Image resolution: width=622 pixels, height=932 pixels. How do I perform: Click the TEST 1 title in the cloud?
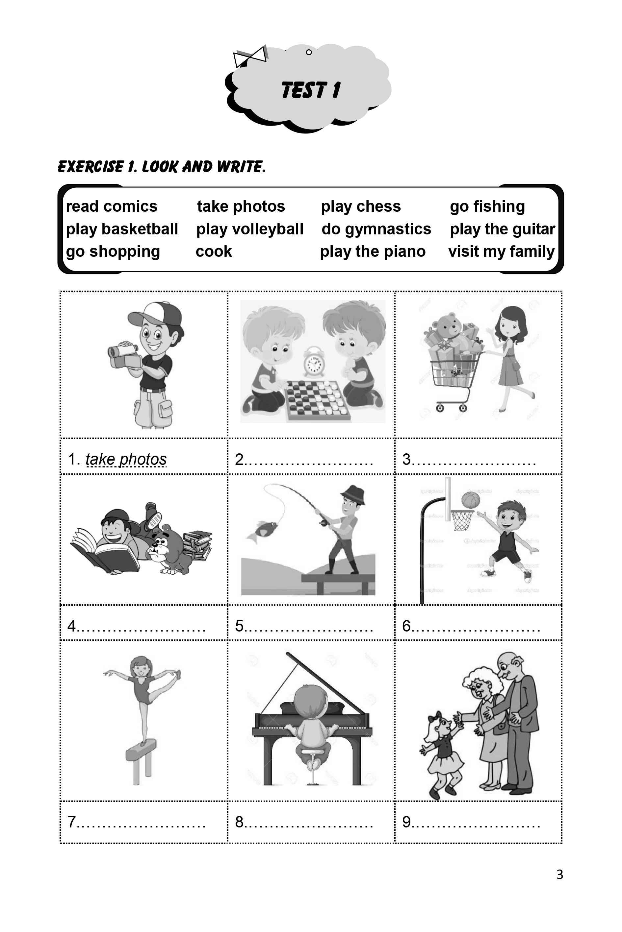[311, 90]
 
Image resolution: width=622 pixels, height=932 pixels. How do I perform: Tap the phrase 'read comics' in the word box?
[112, 206]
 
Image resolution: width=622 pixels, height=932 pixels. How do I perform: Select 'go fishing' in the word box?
[487, 206]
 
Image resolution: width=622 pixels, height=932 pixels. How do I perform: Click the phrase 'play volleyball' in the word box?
[249, 229]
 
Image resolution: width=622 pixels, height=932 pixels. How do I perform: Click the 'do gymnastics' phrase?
[376, 229]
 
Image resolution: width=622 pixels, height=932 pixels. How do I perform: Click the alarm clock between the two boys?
[313, 361]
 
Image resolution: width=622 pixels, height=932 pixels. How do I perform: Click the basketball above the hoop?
[471, 500]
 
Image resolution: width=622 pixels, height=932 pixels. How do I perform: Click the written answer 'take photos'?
[126, 459]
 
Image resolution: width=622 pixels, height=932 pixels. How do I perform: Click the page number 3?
[559, 874]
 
